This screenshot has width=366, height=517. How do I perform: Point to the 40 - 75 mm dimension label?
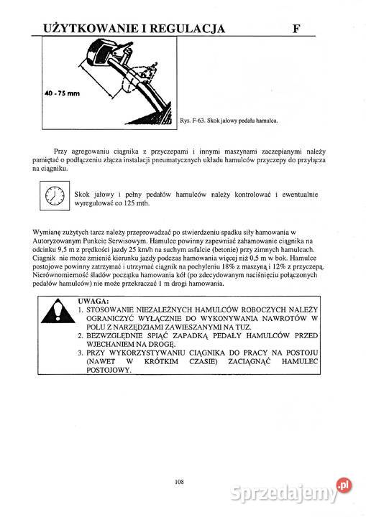[x=62, y=93]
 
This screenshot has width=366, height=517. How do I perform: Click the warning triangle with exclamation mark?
[x=55, y=314]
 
